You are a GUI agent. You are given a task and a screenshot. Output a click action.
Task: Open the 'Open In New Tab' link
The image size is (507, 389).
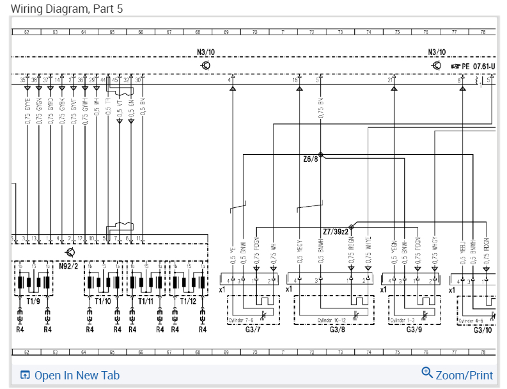pos(77,376)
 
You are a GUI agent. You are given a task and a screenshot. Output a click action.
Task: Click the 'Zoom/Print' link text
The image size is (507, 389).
pos(464,376)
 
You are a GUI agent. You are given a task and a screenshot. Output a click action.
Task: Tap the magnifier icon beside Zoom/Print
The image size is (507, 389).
pos(427,373)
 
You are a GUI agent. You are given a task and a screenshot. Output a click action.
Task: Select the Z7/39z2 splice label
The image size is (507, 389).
pos(336,231)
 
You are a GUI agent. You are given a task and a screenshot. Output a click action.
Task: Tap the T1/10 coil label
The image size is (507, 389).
pos(102,301)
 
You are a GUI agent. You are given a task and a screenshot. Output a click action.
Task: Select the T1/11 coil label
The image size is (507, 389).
pos(145,301)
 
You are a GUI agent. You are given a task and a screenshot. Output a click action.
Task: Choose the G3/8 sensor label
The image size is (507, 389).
pos(338,329)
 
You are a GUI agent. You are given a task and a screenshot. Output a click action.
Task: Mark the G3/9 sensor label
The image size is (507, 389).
pos(414,329)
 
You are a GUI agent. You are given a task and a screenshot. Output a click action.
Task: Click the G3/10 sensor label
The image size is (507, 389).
pos(483,329)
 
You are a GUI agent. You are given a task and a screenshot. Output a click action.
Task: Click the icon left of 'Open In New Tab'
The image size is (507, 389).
pos(26,376)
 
